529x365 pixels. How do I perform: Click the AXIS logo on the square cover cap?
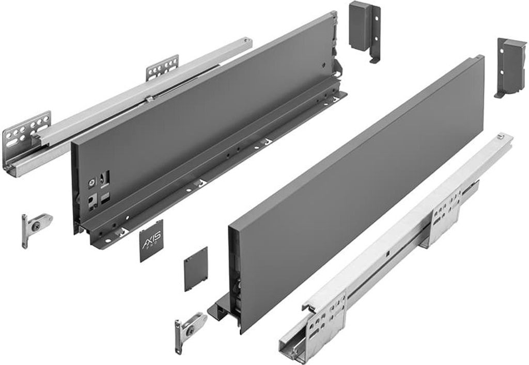tap(151, 239)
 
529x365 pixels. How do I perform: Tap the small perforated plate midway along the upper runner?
tap(162, 67)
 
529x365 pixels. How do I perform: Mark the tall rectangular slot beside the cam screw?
tap(107, 177)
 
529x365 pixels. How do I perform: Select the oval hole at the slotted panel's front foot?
tap(108, 240)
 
